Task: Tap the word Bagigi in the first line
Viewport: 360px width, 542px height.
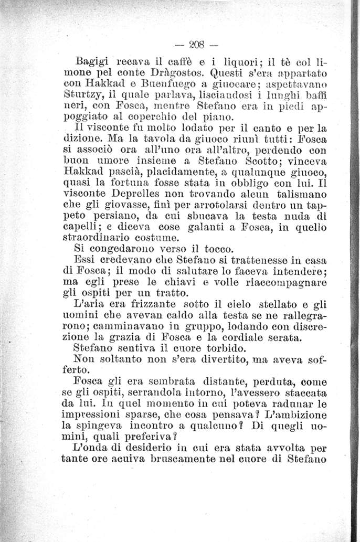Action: click(x=93, y=62)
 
